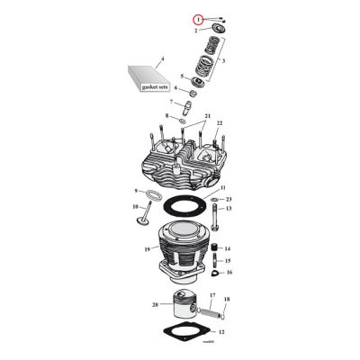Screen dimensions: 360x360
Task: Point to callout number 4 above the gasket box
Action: (162, 59)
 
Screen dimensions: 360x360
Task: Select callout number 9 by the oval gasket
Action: (138, 192)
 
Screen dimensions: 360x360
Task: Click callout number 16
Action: (229, 271)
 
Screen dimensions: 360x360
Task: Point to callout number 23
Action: (229, 198)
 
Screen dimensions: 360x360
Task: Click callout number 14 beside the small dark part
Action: (228, 248)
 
